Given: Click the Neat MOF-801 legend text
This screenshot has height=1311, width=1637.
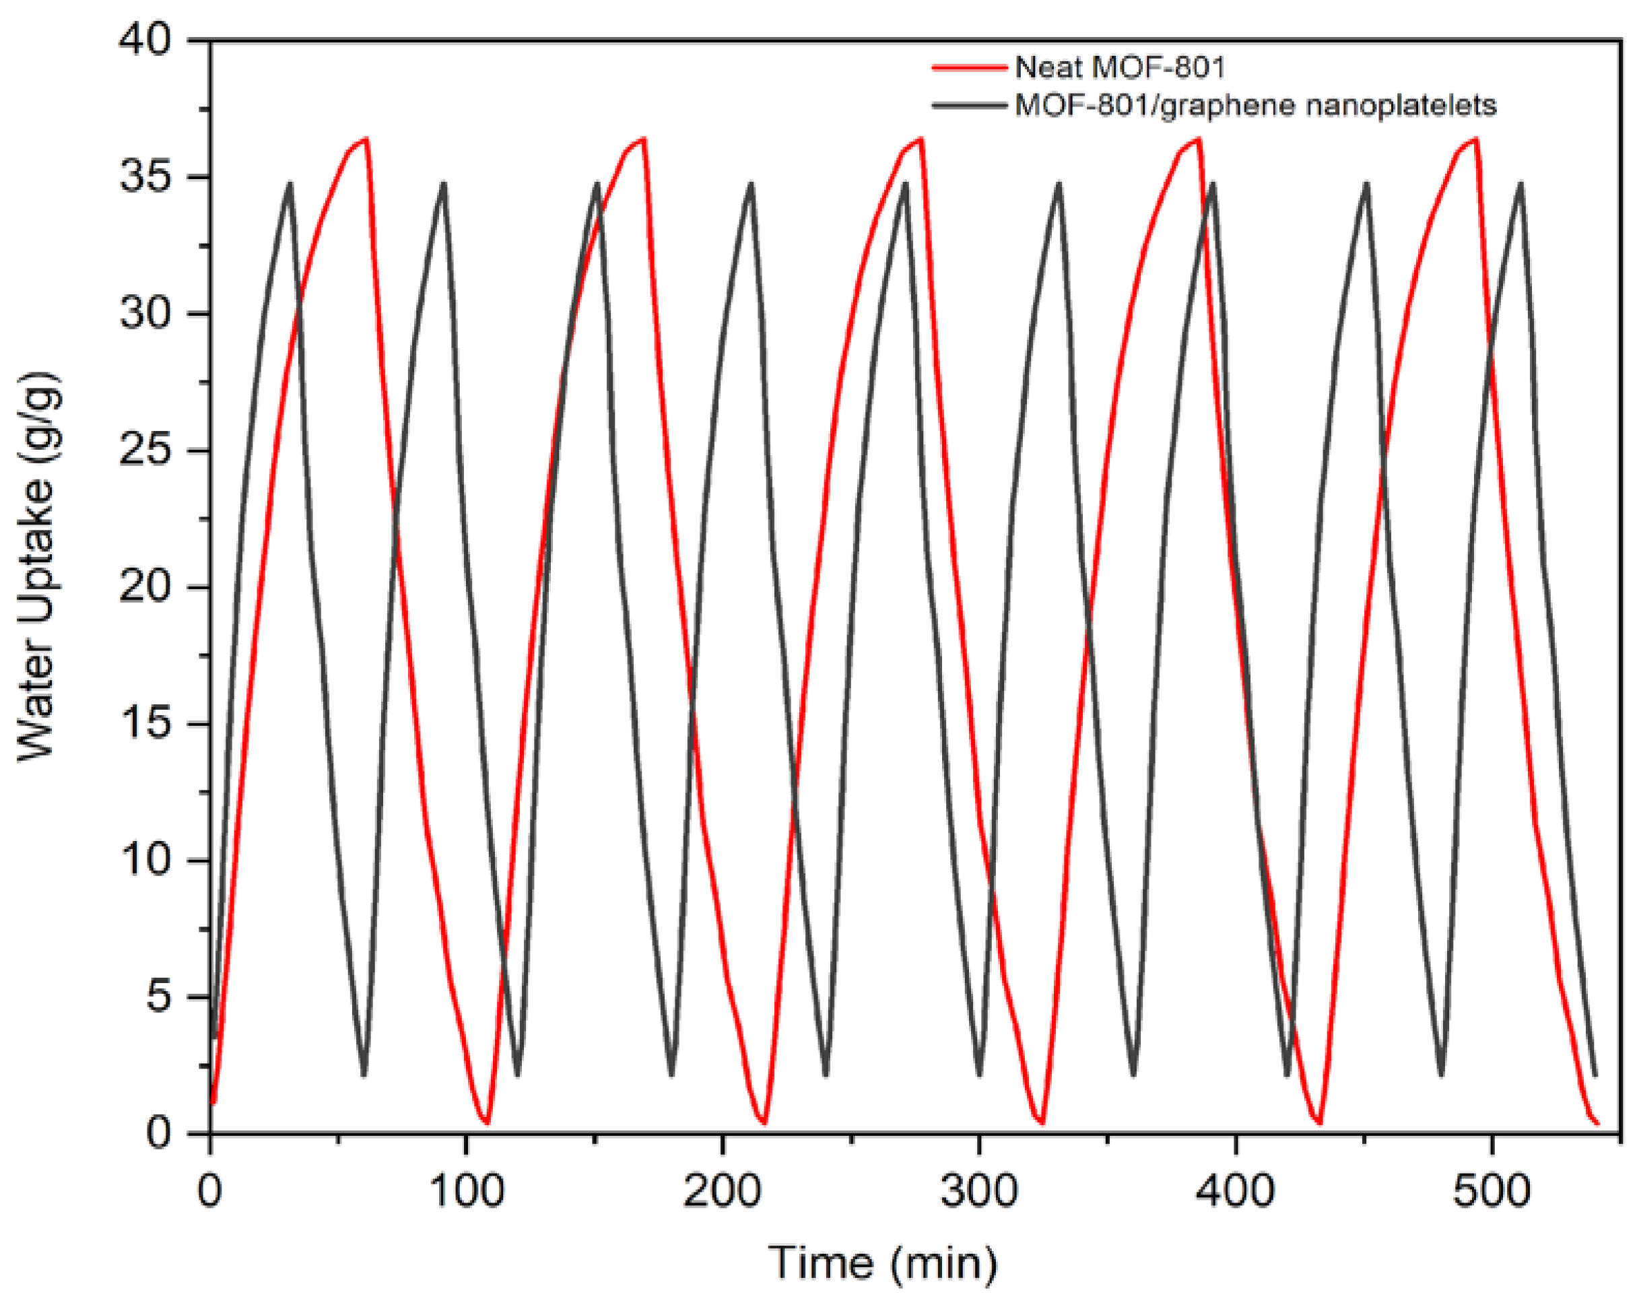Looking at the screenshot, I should (1120, 68).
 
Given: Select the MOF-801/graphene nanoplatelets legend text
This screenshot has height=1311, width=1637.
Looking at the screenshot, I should (1256, 106).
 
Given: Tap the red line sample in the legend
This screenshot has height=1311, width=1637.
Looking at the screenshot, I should (970, 67).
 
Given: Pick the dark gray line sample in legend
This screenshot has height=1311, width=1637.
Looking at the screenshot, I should (970, 106).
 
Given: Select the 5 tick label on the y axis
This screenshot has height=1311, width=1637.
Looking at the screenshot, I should (160, 997).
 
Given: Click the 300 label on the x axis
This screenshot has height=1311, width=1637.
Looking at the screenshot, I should (978, 1191).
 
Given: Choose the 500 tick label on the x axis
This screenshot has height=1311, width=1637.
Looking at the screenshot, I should (1492, 1191).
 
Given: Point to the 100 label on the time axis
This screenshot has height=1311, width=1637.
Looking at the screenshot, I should (466, 1191).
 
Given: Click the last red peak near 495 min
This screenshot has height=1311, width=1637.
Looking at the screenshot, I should (1476, 139).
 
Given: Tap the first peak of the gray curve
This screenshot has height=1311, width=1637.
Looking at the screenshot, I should (290, 183).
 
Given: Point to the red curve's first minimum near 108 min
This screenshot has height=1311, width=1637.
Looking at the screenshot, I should (487, 1122).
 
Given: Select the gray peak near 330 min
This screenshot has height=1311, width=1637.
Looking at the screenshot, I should (1059, 183).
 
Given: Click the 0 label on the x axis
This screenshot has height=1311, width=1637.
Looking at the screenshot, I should (209, 1191).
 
